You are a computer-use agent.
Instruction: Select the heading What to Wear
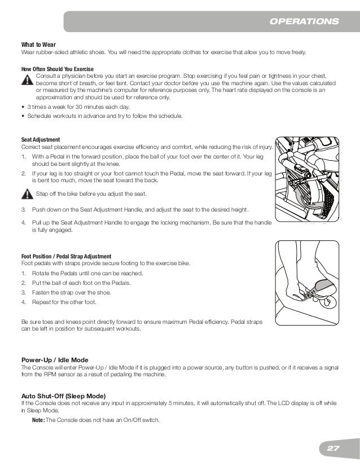[x=38, y=44]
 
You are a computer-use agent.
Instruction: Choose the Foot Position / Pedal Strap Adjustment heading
[x=66, y=256]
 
